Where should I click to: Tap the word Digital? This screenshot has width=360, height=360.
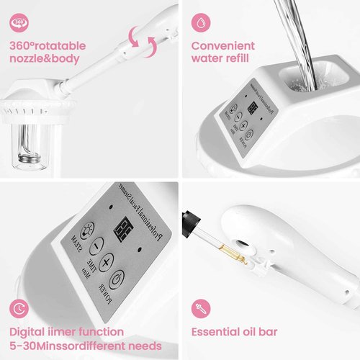(x=30, y=333)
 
